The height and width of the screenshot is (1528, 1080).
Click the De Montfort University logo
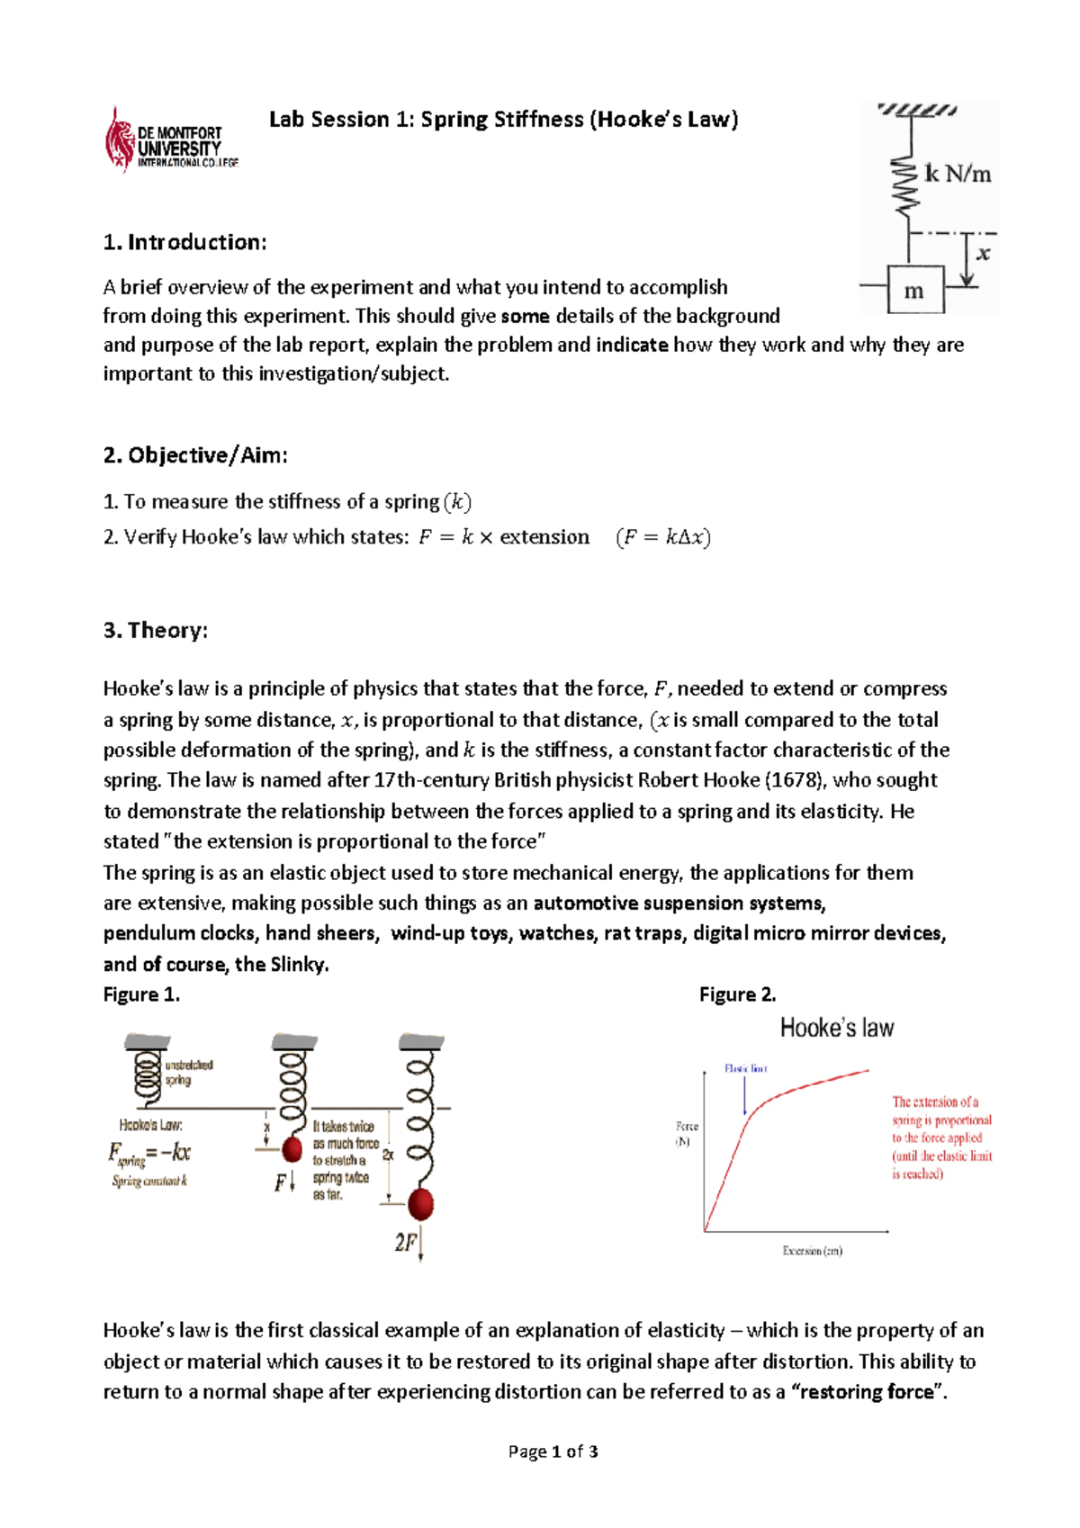[171, 142]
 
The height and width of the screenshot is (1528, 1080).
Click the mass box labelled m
[915, 290]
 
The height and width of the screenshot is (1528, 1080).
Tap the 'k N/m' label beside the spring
[958, 173]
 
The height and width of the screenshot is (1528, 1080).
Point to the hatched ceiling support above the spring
[916, 110]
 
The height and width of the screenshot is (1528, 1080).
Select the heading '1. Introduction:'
[184, 242]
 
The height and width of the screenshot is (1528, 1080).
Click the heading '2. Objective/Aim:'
[195, 455]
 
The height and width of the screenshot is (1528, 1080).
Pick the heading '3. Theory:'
[155, 630]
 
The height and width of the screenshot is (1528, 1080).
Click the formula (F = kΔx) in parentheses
[663, 537]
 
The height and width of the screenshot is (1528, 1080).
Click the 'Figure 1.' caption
[141, 994]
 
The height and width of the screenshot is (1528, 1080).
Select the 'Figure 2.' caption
[737, 994]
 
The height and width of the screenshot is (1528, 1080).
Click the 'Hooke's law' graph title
[836, 1028]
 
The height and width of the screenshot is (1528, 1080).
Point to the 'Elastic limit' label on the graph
[745, 1068]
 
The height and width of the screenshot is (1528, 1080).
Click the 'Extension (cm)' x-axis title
[812, 1251]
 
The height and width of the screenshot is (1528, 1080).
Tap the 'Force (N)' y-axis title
[687, 1134]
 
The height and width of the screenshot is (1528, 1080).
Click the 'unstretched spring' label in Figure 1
[188, 1072]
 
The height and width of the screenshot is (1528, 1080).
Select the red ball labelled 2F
[420, 1203]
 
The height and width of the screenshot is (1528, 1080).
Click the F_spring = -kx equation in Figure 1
[148, 1154]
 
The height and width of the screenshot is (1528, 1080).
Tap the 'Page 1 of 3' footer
[553, 1452]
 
